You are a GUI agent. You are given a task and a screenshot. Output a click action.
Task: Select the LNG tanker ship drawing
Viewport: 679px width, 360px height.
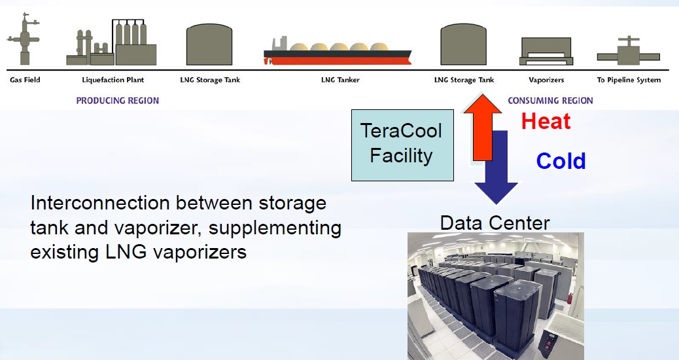pyautogui.click(x=338, y=51)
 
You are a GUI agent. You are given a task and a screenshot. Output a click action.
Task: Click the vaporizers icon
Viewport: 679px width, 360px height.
pyautogui.click(x=546, y=51)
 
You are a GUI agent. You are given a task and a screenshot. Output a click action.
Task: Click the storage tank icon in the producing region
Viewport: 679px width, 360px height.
pyautogui.click(x=209, y=45)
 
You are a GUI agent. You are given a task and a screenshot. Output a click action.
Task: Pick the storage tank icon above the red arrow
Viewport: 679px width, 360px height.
pyautogui.click(x=463, y=45)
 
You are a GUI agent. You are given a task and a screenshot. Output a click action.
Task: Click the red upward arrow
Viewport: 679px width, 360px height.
pyautogui.click(x=482, y=128)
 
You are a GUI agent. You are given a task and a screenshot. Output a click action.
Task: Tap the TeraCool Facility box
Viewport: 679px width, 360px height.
pyautogui.click(x=402, y=145)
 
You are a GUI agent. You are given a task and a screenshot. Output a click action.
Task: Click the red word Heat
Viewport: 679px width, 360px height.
pyautogui.click(x=546, y=121)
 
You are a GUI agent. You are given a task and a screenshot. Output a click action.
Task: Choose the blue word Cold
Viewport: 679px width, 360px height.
pyautogui.click(x=561, y=161)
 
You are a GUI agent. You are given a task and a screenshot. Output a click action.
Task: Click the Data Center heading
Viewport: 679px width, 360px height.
pyautogui.click(x=495, y=223)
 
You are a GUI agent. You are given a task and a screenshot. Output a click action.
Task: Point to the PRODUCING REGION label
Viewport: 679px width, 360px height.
pyautogui.click(x=117, y=101)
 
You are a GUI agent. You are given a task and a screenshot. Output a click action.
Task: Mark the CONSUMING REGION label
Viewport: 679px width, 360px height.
pyautogui.click(x=550, y=101)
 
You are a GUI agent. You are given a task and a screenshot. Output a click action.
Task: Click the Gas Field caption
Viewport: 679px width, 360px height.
pyautogui.click(x=25, y=80)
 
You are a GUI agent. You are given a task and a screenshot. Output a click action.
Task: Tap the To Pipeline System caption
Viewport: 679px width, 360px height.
pyautogui.click(x=629, y=80)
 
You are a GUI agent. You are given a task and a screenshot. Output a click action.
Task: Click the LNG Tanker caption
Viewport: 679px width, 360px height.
pyautogui.click(x=340, y=80)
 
